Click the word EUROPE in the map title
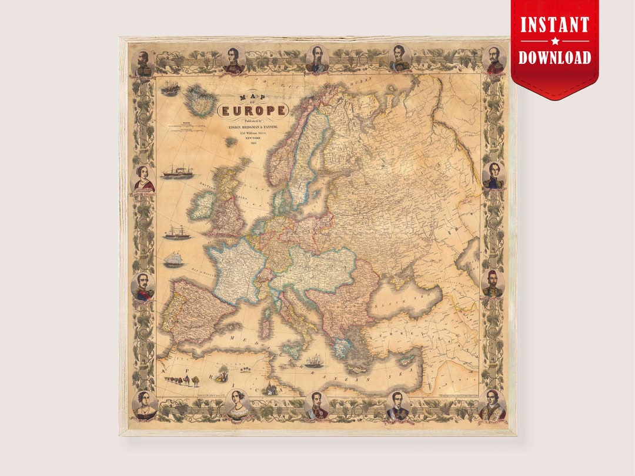[253, 110]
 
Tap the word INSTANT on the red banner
[554, 25]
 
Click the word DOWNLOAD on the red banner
[554, 57]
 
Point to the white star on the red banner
[554, 41]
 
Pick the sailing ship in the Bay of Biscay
[173, 259]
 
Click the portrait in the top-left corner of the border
[143, 62]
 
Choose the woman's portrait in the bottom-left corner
[144, 405]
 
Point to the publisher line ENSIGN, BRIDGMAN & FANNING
[253, 126]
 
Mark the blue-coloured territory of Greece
[341, 347]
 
